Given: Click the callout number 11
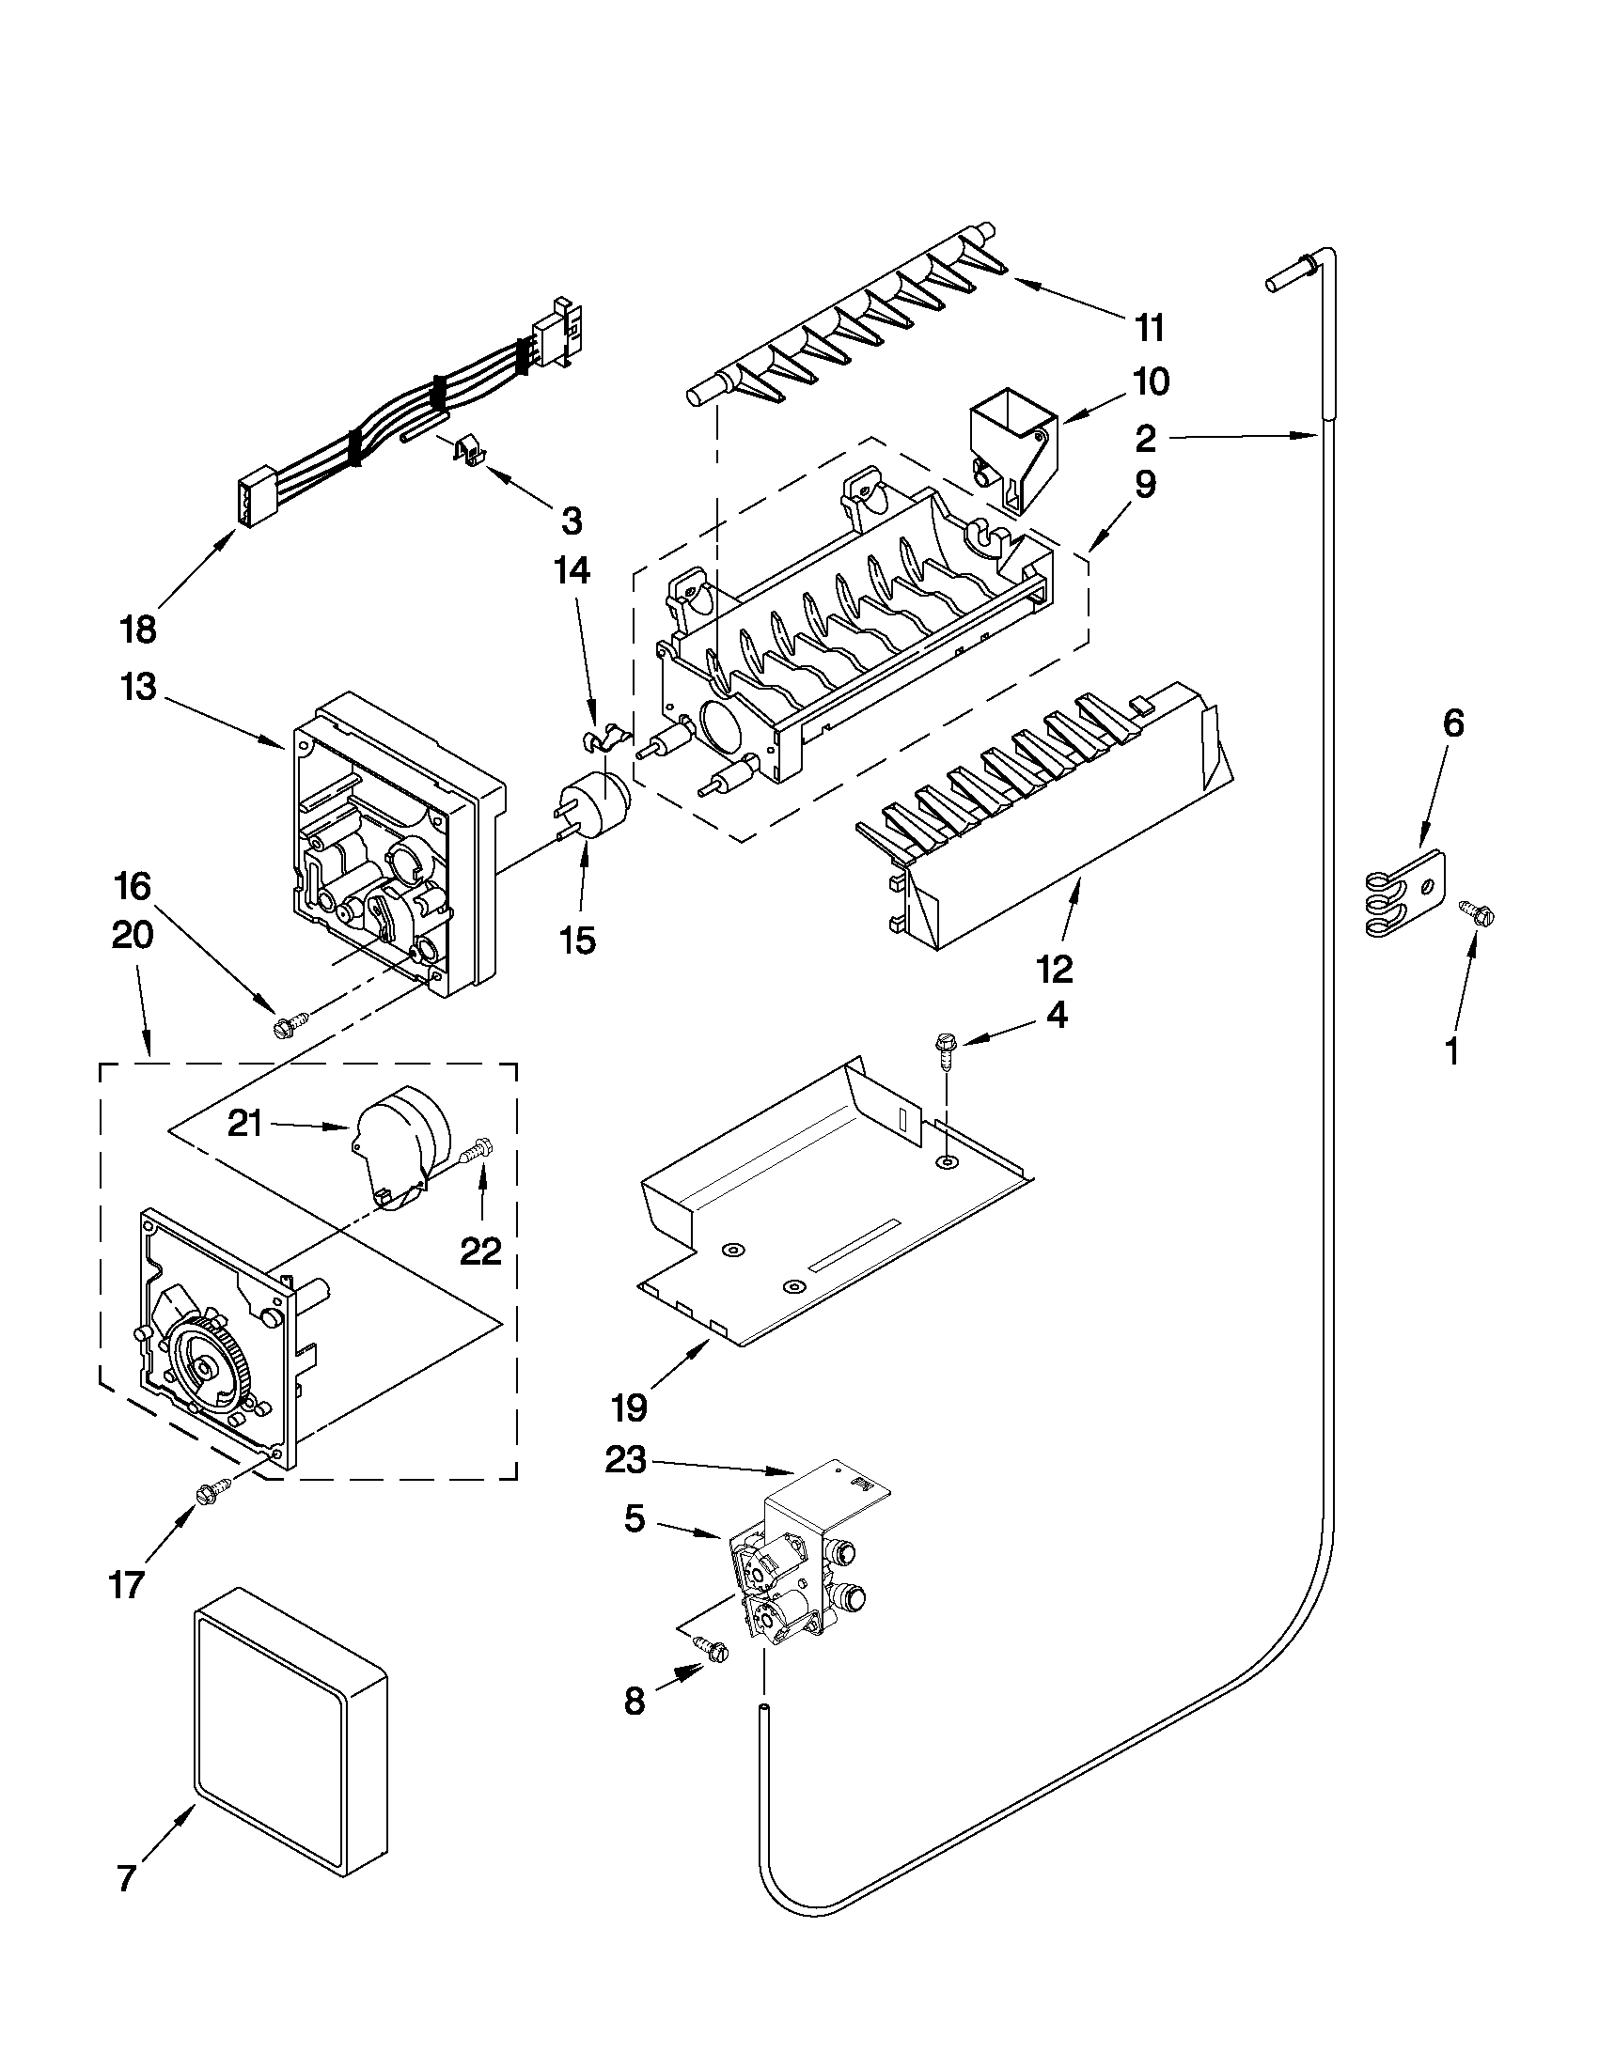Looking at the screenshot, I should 1148,329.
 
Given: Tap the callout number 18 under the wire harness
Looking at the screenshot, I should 138,630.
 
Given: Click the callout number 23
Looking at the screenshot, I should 625,1460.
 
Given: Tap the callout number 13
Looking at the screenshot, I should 138,687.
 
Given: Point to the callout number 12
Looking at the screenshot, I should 1055,969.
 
